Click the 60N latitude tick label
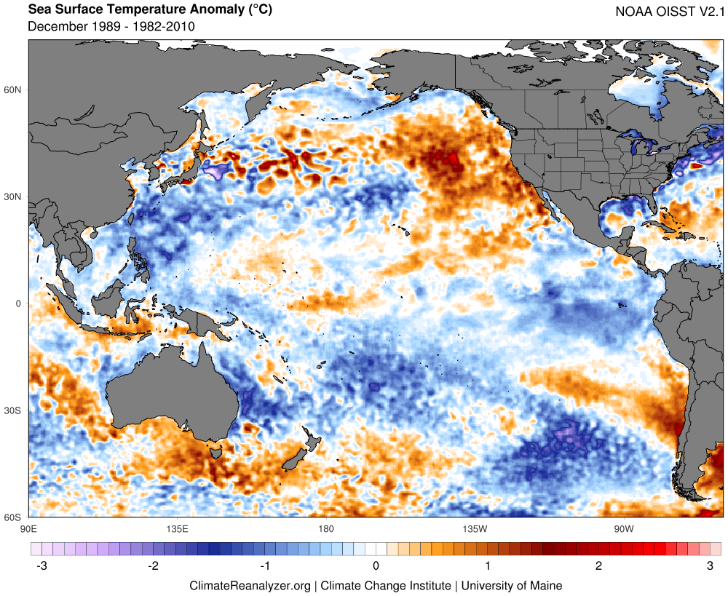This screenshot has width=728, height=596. pos(13,90)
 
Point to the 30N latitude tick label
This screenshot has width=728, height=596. pos(13,197)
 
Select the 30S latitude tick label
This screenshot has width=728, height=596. pos(13,411)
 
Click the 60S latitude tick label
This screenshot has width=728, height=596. pos(13,517)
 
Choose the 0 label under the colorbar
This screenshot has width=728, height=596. pos(376,565)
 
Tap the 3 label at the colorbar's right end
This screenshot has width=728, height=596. pos(709,565)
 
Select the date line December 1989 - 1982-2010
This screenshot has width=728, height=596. pos(111,27)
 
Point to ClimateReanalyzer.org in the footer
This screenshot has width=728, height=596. pos(250,585)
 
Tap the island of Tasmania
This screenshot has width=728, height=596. pos(215,453)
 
